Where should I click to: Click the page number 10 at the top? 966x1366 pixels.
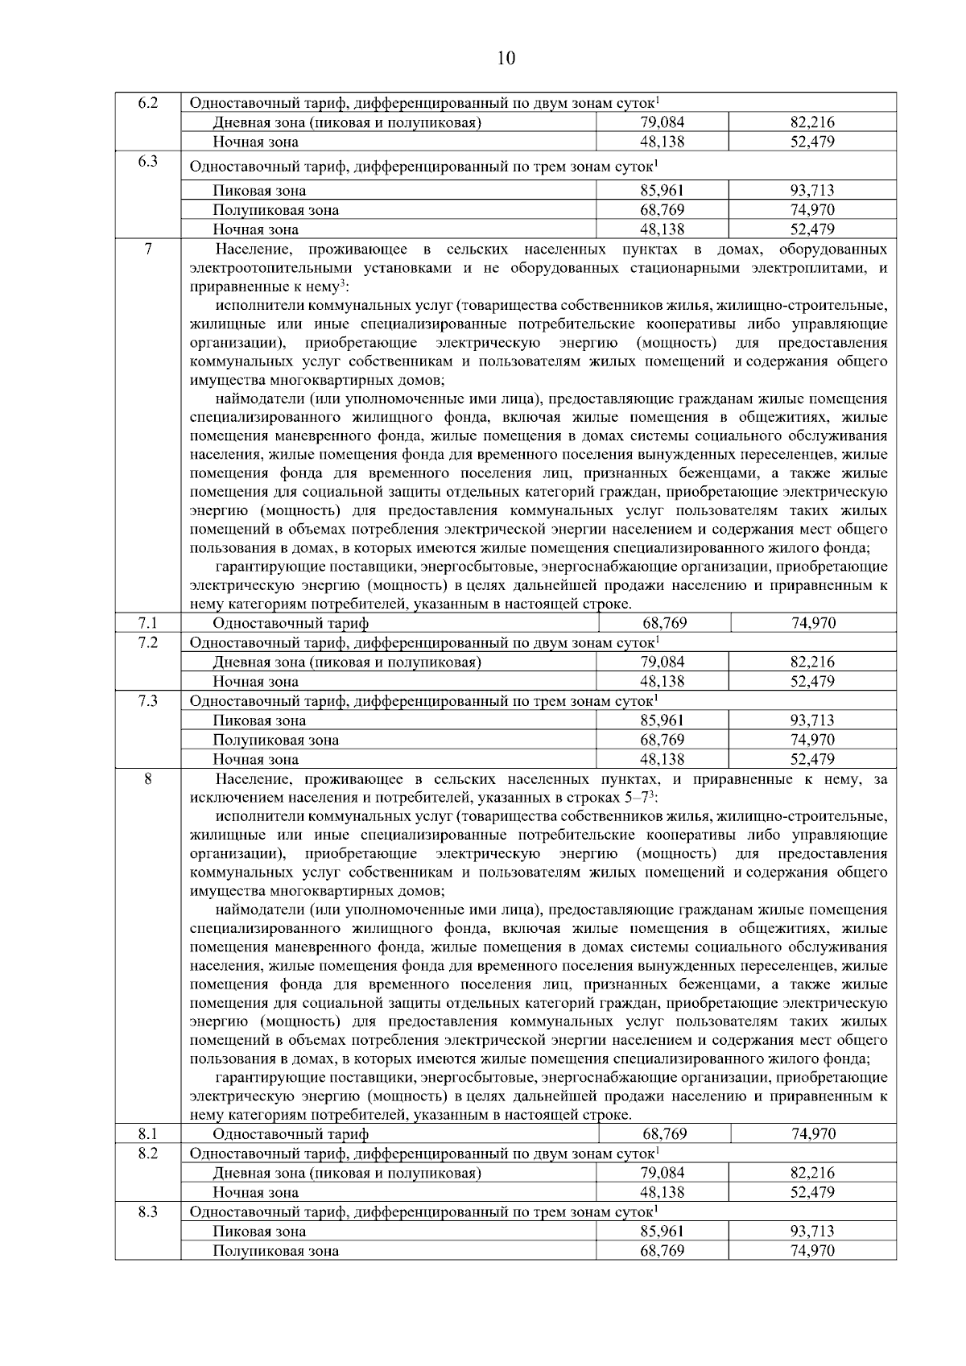tap(506, 59)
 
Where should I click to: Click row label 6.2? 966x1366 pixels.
tap(147, 103)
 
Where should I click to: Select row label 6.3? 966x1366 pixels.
tap(147, 162)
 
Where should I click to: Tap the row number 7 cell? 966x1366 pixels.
tap(147, 250)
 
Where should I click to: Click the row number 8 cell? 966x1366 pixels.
tap(147, 779)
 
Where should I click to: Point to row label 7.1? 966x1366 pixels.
tap(147, 623)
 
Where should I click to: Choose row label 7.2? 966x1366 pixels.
tap(147, 642)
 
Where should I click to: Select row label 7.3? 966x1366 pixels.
tap(147, 701)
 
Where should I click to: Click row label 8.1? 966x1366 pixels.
tap(147, 1133)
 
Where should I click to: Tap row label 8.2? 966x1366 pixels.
tap(147, 1153)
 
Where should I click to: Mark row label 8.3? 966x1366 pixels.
tap(147, 1211)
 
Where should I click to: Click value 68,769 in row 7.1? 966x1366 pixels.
tap(664, 623)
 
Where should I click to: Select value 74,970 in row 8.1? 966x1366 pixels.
tap(813, 1133)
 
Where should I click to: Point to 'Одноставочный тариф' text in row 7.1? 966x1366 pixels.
tap(291, 623)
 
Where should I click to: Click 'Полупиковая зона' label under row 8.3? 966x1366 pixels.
tap(275, 1251)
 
